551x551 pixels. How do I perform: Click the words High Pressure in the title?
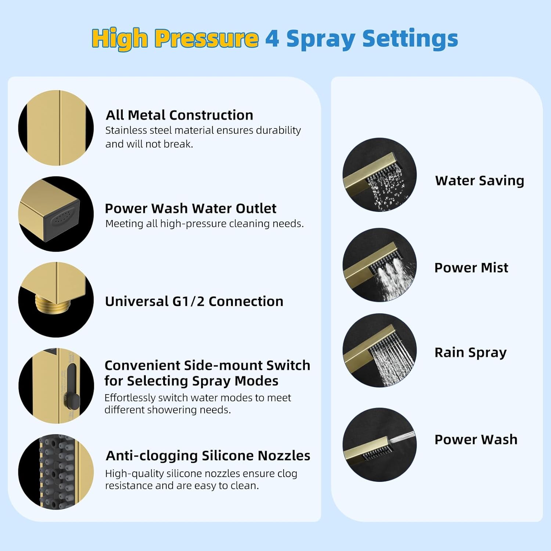click(175, 39)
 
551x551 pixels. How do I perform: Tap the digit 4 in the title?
click(272, 39)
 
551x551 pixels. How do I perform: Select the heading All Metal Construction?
click(179, 115)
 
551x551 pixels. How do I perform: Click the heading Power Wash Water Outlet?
click(190, 208)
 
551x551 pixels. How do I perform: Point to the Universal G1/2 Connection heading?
click(194, 301)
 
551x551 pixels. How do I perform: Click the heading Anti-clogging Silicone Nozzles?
click(208, 455)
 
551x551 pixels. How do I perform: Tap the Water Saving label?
click(479, 180)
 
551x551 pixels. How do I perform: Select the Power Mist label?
click(471, 267)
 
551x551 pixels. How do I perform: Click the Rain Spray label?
click(470, 352)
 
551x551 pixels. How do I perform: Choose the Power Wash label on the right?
click(476, 439)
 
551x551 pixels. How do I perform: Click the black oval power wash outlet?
click(62, 219)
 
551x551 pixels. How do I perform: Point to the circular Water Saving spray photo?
click(379, 175)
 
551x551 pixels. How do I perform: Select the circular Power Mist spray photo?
click(379, 265)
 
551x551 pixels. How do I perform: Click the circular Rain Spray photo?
click(379, 350)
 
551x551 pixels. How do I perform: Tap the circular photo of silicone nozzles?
click(56, 472)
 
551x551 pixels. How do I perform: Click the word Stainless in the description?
click(123, 130)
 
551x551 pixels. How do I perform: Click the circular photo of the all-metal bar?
click(56, 128)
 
